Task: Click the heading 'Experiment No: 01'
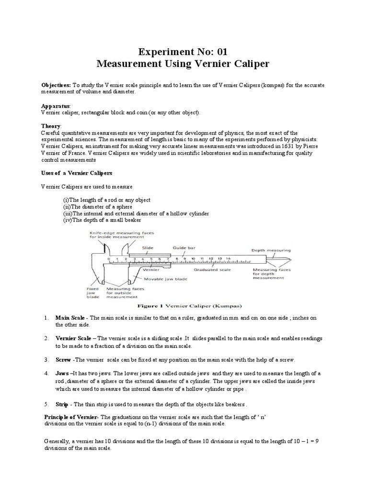(184, 52)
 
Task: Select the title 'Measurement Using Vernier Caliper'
(184, 64)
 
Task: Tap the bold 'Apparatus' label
(56, 105)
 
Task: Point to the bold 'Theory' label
(51, 125)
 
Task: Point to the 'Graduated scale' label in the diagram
(212, 269)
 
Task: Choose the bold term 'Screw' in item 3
(65, 359)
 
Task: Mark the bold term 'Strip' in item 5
(64, 403)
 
